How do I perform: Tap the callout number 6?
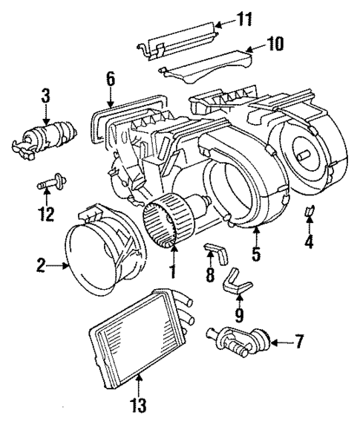[109, 78]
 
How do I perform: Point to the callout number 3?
[45, 96]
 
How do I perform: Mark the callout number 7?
[298, 343]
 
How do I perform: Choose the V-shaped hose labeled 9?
[238, 281]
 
